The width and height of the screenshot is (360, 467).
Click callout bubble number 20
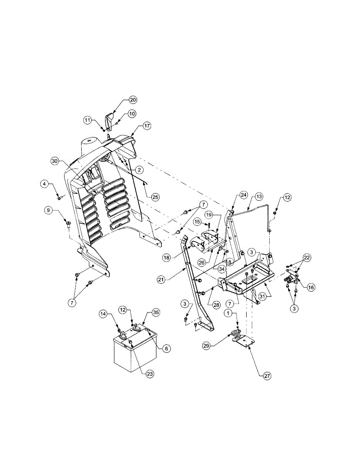tap(133, 100)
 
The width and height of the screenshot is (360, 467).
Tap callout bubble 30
tap(55, 161)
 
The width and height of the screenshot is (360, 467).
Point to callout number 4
tap(46, 184)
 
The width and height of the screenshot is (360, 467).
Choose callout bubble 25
tap(155, 197)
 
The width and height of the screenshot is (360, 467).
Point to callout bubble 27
tap(267, 376)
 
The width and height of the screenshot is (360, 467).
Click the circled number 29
tap(207, 345)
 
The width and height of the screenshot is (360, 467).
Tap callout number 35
tap(156, 313)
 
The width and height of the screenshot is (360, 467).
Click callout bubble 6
tap(167, 349)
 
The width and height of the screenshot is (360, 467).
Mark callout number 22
tap(307, 258)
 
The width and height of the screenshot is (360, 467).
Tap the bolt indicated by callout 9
tap(68, 223)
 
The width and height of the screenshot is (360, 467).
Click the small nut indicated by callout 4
tap(59, 198)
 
